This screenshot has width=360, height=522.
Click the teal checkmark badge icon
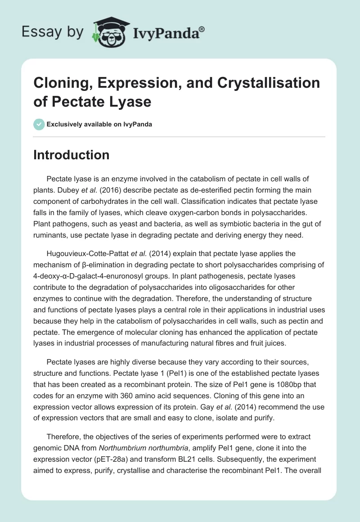[x=39, y=124]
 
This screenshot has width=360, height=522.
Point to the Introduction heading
[x=72, y=155]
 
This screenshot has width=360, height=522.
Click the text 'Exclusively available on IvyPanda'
[x=99, y=125]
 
